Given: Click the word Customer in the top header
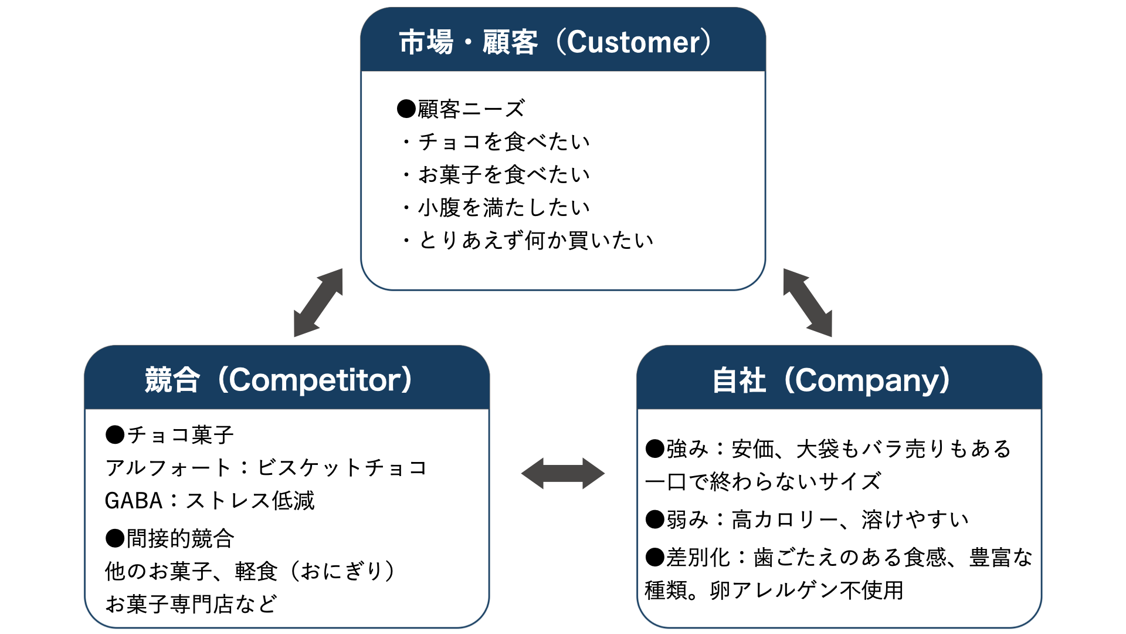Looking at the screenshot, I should (x=633, y=42).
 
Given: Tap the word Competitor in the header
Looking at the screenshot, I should (x=315, y=380).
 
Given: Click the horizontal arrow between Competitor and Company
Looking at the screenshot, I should (x=562, y=473).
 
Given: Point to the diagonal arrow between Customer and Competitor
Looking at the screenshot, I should (x=318, y=303).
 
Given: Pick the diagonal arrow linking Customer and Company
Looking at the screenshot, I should (x=808, y=303).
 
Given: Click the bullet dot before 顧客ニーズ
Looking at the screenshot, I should (x=406, y=109).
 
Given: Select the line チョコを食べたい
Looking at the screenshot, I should (x=503, y=141).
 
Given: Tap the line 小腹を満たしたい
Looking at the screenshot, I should (x=503, y=207).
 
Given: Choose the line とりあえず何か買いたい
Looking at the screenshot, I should (x=535, y=240).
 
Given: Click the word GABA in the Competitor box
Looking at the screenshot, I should (x=133, y=501).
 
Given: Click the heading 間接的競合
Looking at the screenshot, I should (x=180, y=538).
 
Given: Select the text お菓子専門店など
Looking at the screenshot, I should (x=191, y=603).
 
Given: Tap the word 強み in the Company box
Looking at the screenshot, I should (x=687, y=448).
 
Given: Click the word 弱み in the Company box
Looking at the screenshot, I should (x=687, y=520).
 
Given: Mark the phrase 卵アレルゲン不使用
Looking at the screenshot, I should (x=806, y=590).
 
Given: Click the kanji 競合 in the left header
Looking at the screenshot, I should (x=172, y=380).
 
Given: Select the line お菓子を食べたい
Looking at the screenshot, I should (x=503, y=174).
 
